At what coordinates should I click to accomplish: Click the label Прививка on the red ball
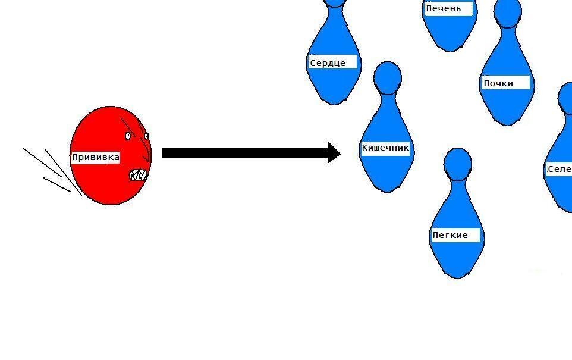click(x=95, y=158)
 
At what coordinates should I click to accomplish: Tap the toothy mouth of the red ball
click(x=138, y=175)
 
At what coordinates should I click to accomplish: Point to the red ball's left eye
click(x=128, y=136)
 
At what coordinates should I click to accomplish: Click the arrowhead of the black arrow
click(x=334, y=152)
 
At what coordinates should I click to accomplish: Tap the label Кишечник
click(x=385, y=148)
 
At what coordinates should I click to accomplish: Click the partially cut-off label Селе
click(x=559, y=169)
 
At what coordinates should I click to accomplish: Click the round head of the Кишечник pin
click(x=388, y=77)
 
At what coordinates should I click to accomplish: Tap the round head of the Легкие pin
click(x=458, y=162)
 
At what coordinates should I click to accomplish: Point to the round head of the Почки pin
click(x=508, y=13)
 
